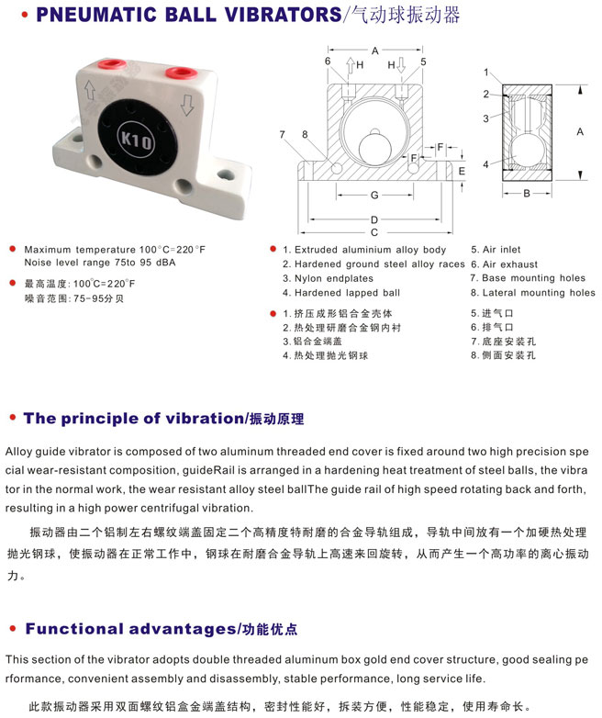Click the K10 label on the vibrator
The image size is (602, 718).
(x=136, y=139)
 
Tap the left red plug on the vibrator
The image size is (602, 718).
(x=112, y=63)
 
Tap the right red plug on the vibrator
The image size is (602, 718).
(x=182, y=73)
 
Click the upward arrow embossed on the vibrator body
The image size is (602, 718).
(x=90, y=90)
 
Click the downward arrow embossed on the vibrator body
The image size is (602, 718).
(x=187, y=105)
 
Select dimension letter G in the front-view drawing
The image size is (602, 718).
(x=374, y=195)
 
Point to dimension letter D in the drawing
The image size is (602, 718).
(x=374, y=219)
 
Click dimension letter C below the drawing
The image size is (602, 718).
(x=374, y=232)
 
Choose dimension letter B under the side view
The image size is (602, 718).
(x=527, y=193)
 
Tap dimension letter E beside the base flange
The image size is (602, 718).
(x=462, y=172)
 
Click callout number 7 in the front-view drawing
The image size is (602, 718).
(x=282, y=134)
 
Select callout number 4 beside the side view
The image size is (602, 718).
(x=485, y=164)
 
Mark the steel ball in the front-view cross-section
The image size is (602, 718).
(x=375, y=149)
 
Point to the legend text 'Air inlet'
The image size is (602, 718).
(x=502, y=250)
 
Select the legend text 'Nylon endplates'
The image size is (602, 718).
(x=334, y=278)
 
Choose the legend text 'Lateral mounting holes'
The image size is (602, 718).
(x=539, y=293)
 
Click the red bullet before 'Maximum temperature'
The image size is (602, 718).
(x=12, y=249)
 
